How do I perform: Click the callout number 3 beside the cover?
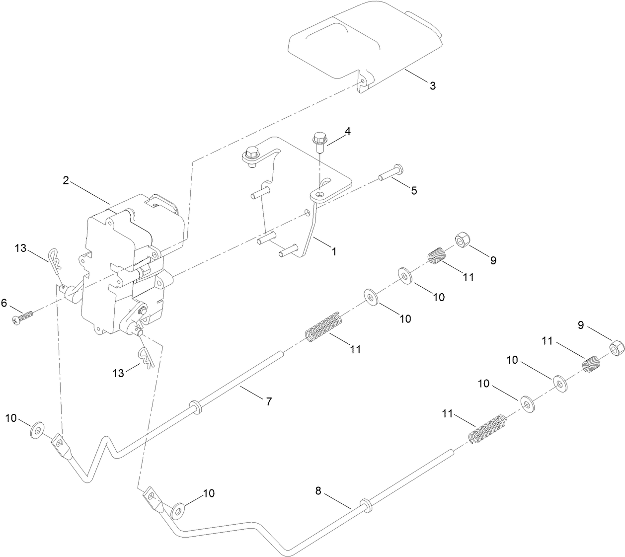[x=432, y=85]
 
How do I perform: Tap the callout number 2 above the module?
[x=66, y=180]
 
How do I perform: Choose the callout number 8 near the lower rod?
[x=318, y=491]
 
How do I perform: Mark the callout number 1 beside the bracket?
[x=334, y=251]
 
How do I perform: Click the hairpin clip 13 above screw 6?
[x=57, y=260]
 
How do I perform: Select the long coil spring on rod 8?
[x=488, y=429]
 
